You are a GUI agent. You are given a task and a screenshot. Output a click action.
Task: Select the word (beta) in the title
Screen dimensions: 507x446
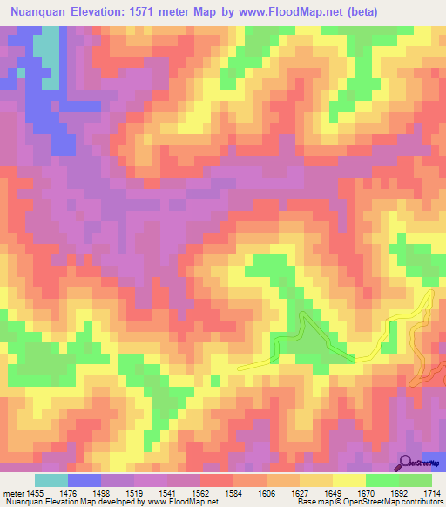(415, 11)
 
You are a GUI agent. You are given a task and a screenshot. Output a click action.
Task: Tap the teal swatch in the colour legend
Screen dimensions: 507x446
(51, 480)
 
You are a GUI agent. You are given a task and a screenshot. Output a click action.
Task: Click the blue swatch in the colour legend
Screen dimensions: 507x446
(84, 480)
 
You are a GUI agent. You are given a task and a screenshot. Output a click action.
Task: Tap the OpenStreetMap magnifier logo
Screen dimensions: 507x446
(407, 463)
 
